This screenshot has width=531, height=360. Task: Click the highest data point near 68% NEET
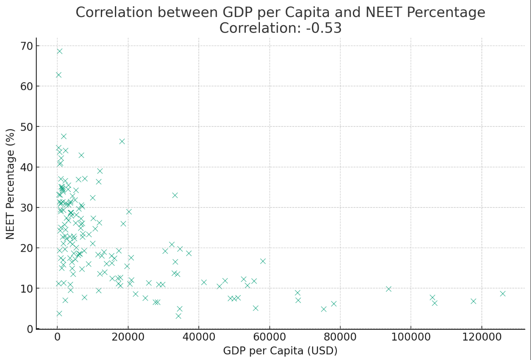(60, 51)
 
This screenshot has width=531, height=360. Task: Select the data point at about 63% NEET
(59, 75)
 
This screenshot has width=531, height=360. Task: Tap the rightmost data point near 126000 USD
(502, 293)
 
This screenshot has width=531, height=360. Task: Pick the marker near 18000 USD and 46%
(122, 141)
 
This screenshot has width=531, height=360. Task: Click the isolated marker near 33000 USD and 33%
(175, 195)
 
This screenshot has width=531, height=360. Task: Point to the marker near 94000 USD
(388, 289)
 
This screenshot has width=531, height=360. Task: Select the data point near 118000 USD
(473, 301)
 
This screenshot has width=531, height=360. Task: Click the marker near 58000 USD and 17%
(263, 261)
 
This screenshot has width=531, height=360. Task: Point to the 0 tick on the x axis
(57, 337)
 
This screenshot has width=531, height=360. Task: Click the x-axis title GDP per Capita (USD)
(280, 351)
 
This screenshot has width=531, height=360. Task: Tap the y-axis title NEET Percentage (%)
(10, 184)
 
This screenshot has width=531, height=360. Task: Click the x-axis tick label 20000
(128, 337)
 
